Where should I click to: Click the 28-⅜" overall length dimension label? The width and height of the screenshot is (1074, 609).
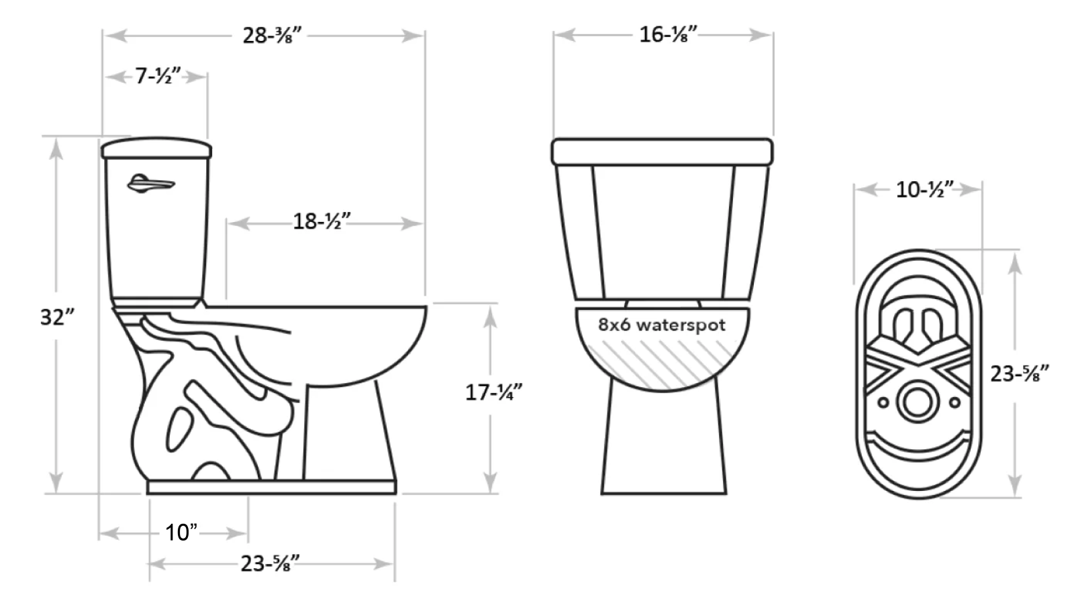(272, 36)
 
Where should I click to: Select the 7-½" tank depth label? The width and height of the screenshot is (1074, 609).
(157, 76)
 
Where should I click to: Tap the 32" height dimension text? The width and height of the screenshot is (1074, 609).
(57, 317)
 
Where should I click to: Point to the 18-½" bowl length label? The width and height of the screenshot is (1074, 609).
(322, 221)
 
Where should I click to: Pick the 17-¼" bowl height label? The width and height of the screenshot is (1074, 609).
(493, 392)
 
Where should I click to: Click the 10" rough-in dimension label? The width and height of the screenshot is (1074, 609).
(181, 533)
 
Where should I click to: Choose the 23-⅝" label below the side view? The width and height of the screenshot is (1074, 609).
(270, 563)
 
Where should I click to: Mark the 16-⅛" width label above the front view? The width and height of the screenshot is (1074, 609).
(668, 34)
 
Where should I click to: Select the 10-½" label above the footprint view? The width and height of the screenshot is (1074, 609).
(924, 190)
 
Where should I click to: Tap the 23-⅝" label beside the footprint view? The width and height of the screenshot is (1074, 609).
(1020, 374)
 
